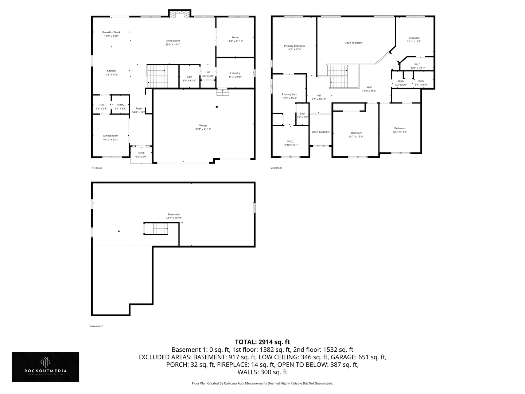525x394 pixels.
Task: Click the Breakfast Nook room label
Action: pyautogui.click(x=111, y=32)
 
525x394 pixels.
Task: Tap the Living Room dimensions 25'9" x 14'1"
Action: pyautogui.click(x=172, y=45)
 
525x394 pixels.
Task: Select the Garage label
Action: pyautogui.click(x=203, y=125)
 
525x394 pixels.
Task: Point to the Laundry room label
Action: pyautogui.click(x=235, y=73)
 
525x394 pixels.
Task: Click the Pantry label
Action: pyautogui.click(x=120, y=105)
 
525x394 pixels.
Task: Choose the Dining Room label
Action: pyautogui.click(x=110, y=136)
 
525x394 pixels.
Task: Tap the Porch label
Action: pyautogui.click(x=141, y=153)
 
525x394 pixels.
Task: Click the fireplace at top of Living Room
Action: pyautogui.click(x=179, y=14)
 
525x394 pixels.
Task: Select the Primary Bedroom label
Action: pyautogui.click(x=294, y=46)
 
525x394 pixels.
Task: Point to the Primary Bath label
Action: pyautogui.click(x=289, y=94)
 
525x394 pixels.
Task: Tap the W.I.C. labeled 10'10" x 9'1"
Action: pyautogui.click(x=290, y=142)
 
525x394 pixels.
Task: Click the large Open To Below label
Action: pyautogui.click(x=353, y=43)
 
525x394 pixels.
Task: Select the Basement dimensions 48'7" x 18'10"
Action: pyautogui.click(x=174, y=218)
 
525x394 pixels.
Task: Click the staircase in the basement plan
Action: pyautogui.click(x=156, y=229)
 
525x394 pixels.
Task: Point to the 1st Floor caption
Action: pyautogui.click(x=97, y=168)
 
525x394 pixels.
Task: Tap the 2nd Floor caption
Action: pyautogui.click(x=276, y=168)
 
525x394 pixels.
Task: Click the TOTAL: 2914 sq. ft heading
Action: pyautogui.click(x=262, y=342)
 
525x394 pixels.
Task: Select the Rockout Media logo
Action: pyautogui.click(x=45, y=367)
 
